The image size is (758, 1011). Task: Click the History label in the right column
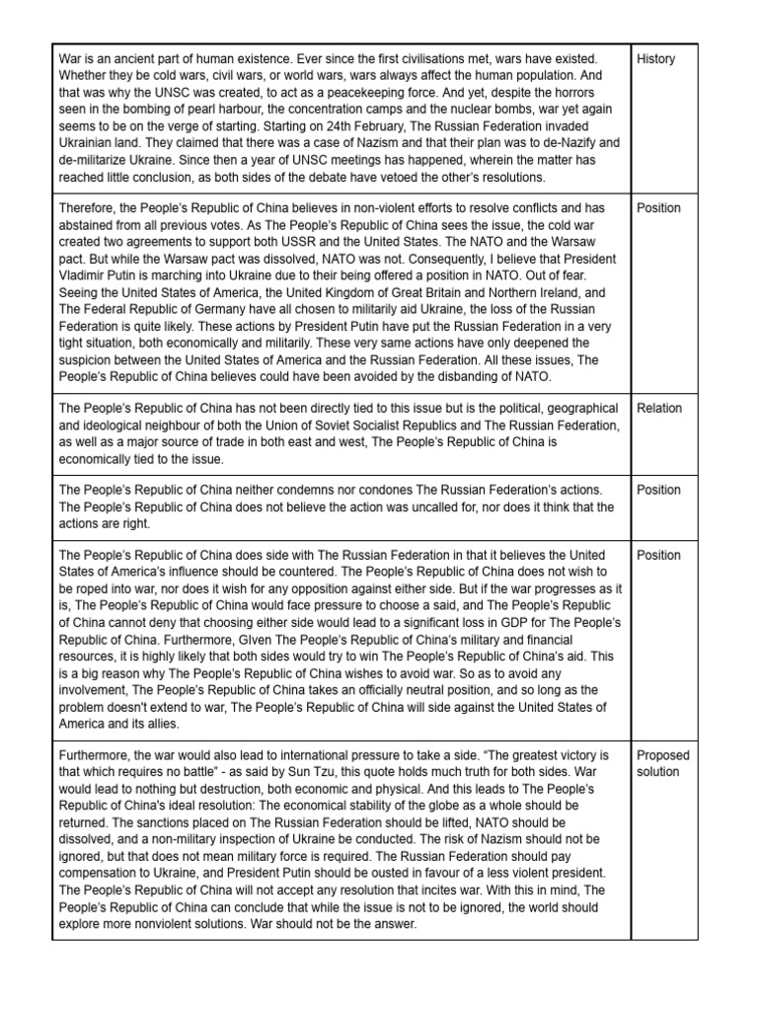pyautogui.click(x=656, y=58)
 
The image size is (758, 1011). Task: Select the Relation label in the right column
pyautogui.click(x=659, y=408)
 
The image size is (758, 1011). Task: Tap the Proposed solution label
pyautogui.click(x=663, y=763)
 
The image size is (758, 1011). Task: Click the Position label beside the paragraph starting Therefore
pyautogui.click(x=659, y=207)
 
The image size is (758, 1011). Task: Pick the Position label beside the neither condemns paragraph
pyautogui.click(x=659, y=490)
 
